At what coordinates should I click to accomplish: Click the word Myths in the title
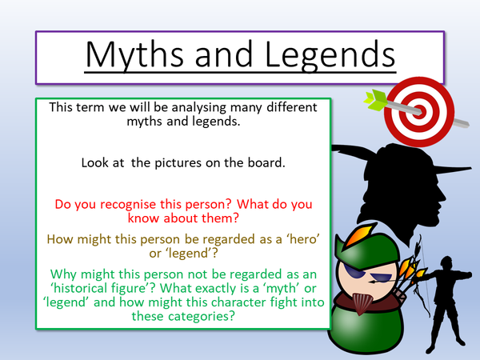tap(126, 54)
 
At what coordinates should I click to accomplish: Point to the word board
tap(278, 162)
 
